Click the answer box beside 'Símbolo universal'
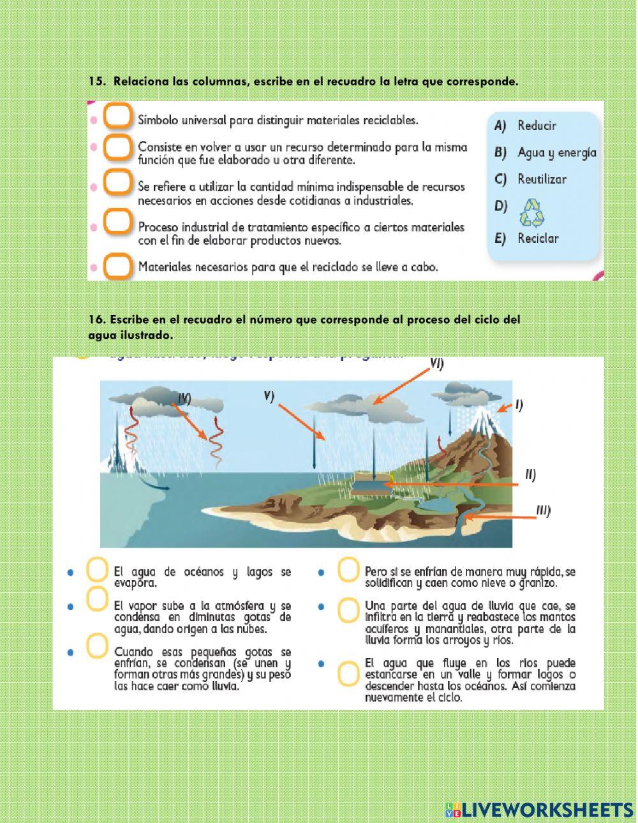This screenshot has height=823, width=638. pos(117,117)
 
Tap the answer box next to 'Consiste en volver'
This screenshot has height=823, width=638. pos(117,147)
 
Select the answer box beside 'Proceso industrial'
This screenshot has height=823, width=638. pos(117,222)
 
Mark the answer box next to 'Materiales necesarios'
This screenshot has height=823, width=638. pos(117,266)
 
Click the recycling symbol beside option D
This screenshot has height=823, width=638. pos(533,212)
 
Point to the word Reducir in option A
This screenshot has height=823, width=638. pos(537,126)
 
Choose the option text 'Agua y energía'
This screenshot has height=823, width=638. pos(557,152)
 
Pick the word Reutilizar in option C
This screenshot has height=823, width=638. pos(542,179)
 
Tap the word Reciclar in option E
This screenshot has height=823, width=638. pos(538,238)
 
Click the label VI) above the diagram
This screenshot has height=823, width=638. pos(436,364)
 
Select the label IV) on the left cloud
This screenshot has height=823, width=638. pos(184,398)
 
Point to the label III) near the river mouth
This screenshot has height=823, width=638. pos(543,511)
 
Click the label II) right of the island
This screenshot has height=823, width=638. pos(530,474)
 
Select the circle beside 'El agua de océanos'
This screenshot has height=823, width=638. pos(96,570)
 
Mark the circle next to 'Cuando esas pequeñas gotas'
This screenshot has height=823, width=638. pos(96,645)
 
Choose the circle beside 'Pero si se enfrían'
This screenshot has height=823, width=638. pos(348,570)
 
